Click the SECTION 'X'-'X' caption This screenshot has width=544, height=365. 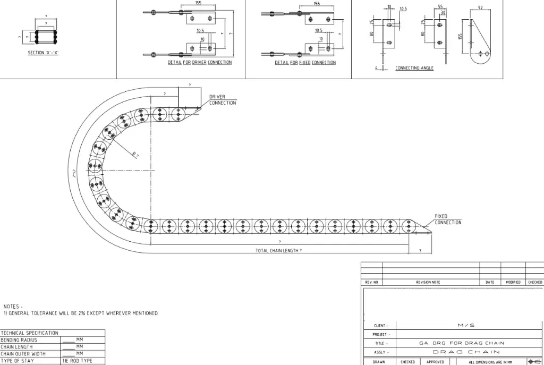click(x=43, y=53)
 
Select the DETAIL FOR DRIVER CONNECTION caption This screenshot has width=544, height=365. click(x=200, y=63)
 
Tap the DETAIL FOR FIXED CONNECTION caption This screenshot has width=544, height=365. click(x=305, y=63)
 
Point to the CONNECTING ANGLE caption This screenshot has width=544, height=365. click(x=414, y=68)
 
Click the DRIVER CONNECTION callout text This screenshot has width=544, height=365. click(x=223, y=100)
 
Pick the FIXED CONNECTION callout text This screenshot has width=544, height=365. click(x=448, y=219)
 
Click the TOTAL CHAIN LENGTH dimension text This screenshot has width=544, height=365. click(x=278, y=250)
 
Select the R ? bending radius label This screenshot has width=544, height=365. click(x=135, y=155)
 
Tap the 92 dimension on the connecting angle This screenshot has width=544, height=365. click(x=480, y=7)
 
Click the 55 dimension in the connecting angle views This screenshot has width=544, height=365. click(x=440, y=6)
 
